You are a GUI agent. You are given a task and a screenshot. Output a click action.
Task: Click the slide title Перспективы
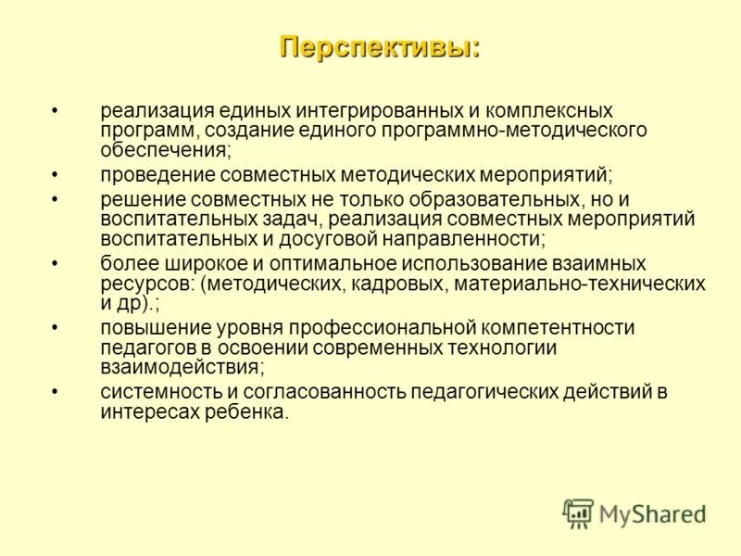[x=380, y=45]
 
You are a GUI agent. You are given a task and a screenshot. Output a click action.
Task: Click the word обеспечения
[x=164, y=148]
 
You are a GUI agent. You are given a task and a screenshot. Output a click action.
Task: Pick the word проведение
[x=154, y=174]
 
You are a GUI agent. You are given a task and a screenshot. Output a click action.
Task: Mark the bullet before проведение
[x=57, y=174]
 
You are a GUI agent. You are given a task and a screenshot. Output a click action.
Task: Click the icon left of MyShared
[x=578, y=513]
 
